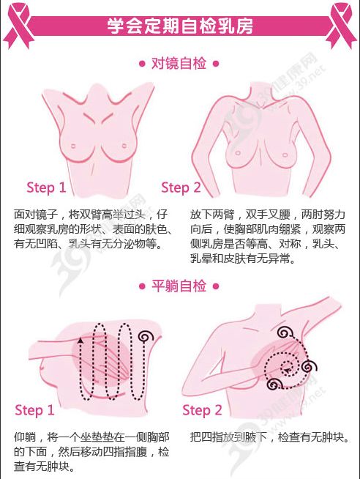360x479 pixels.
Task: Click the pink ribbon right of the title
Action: pyautogui.click(x=341, y=25)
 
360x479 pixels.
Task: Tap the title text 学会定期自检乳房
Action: pyautogui.click(x=180, y=26)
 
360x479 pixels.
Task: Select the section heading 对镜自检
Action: pyautogui.click(x=179, y=64)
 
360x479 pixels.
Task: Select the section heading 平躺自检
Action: pyautogui.click(x=179, y=286)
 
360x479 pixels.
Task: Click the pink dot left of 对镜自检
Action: pyautogui.click(x=142, y=64)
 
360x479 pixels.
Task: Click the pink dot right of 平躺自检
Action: pyautogui.click(x=216, y=286)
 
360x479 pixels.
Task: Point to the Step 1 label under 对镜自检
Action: pyautogui.click(x=46, y=187)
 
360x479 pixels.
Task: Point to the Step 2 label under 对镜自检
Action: pyautogui.click(x=181, y=187)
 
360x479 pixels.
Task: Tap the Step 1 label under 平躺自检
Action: pyautogui.click(x=34, y=410)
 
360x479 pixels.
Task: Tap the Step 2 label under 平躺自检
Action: pyautogui.click(x=202, y=410)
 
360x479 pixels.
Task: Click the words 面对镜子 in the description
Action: pyautogui.click(x=36, y=215)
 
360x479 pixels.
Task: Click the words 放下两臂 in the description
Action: pyautogui.click(x=212, y=215)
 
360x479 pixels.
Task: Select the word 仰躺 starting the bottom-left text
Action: pyautogui.click(x=25, y=437)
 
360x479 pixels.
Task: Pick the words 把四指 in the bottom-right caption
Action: pyautogui.click(x=206, y=437)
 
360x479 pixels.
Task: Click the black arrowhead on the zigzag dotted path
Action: pyautogui.click(x=80, y=340)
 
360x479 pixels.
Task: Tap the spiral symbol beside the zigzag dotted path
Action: pyautogui.click(x=146, y=336)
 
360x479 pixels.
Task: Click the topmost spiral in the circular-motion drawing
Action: pyautogui.click(x=285, y=333)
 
